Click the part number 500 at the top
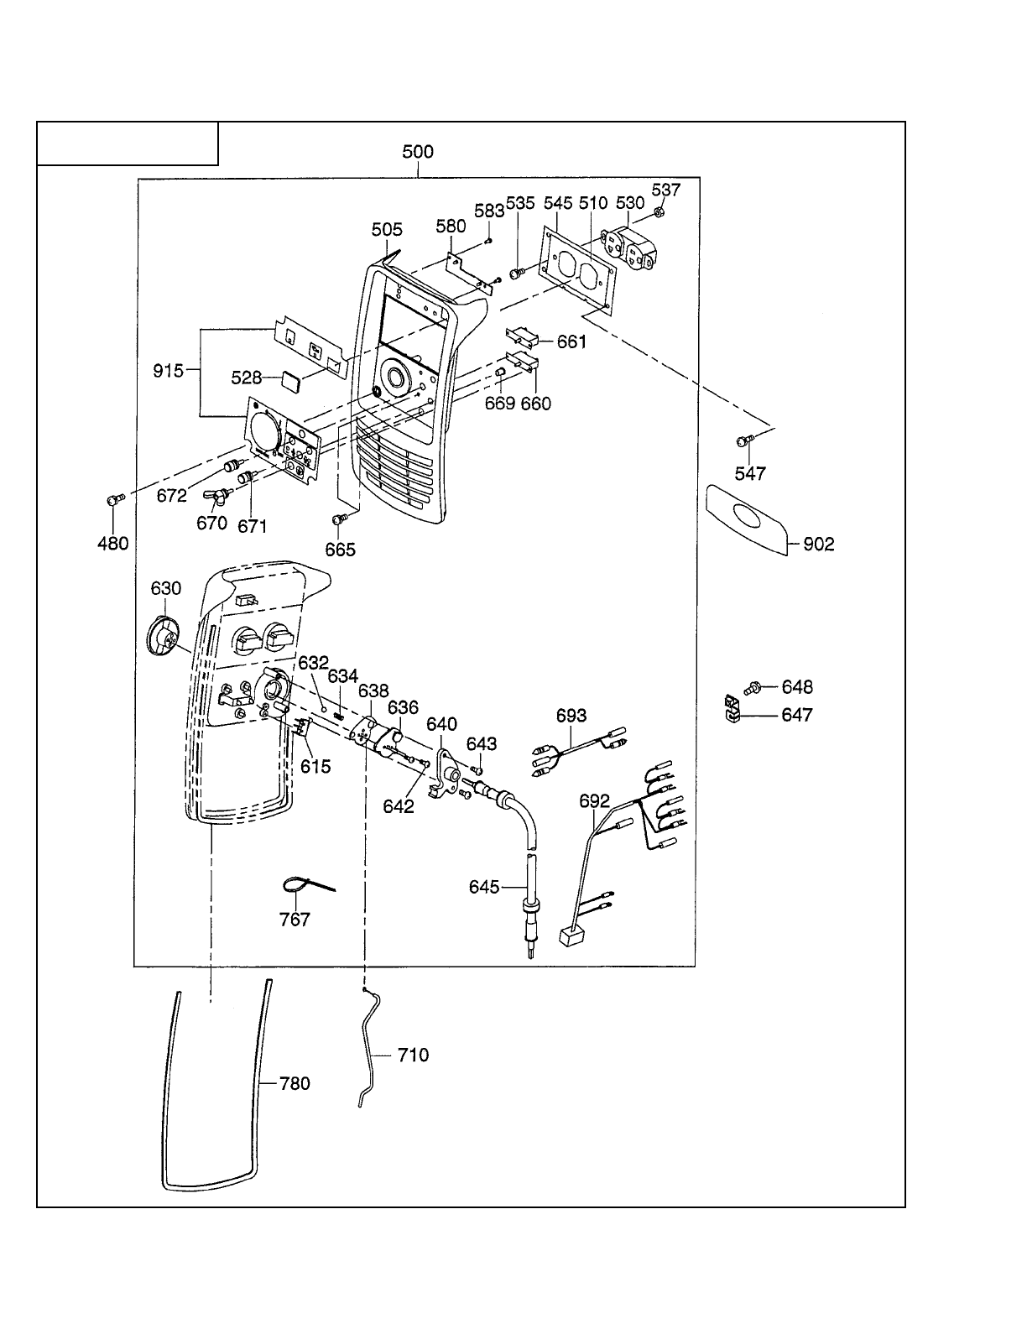click(x=418, y=152)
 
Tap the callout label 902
click(x=819, y=545)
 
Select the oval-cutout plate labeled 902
click(x=747, y=518)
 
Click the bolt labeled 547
click(x=742, y=440)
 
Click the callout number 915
click(x=169, y=370)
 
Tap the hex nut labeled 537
click(x=659, y=213)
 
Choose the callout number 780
click(x=295, y=1083)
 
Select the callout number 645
click(x=484, y=887)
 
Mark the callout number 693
click(x=571, y=716)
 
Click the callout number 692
click(x=594, y=800)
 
